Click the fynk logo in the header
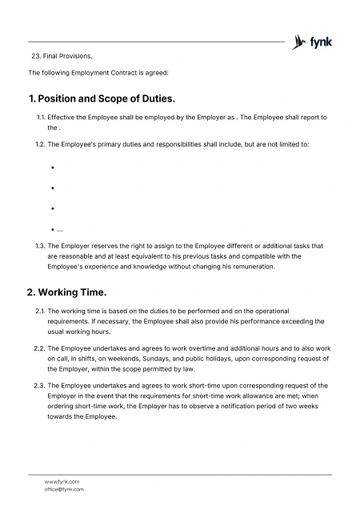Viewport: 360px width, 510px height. [x=314, y=42]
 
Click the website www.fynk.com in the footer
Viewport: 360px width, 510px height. [x=62, y=481]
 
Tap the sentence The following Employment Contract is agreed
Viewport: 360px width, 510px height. [x=98, y=73]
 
